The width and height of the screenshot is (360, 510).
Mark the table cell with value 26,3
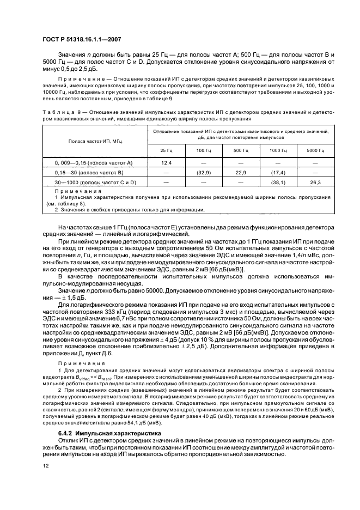(x=315, y=182)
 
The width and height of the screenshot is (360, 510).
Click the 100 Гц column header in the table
(x=204, y=150)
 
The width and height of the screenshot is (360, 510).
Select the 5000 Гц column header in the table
(x=315, y=150)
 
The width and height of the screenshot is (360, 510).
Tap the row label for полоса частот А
(x=93, y=163)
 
